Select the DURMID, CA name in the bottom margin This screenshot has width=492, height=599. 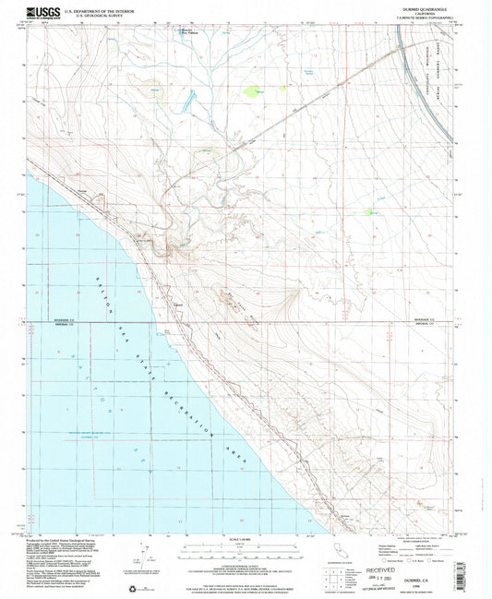[434, 571]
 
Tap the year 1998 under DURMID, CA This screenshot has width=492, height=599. [434, 579]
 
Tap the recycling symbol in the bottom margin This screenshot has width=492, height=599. [130, 587]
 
